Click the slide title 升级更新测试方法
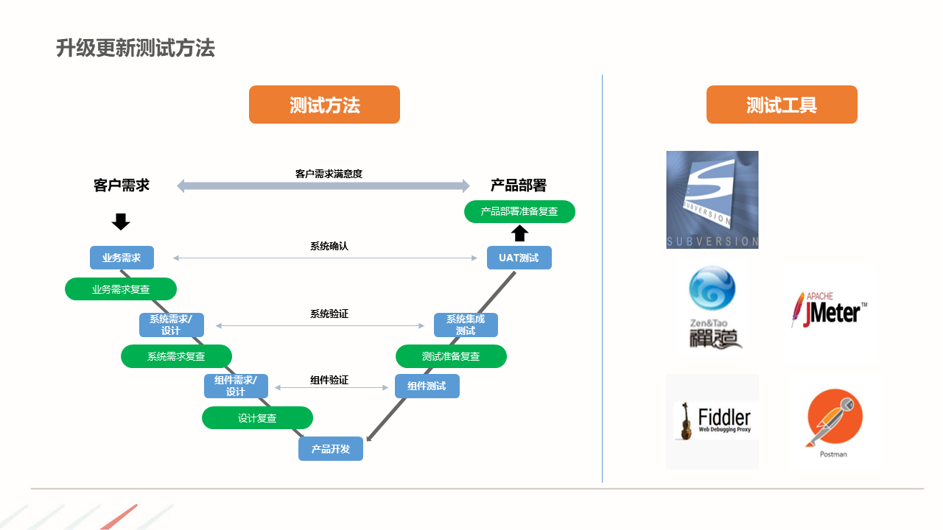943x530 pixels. click(x=136, y=49)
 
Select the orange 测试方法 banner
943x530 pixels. click(x=324, y=105)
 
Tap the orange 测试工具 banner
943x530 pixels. click(x=782, y=105)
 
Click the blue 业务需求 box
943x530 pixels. click(x=122, y=258)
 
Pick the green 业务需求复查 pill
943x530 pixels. click(x=121, y=289)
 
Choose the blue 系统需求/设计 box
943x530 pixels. click(x=171, y=325)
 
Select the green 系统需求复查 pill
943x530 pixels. click(x=176, y=356)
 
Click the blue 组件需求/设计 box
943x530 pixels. click(x=236, y=386)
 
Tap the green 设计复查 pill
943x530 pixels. click(x=257, y=418)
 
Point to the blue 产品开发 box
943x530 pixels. click(x=331, y=449)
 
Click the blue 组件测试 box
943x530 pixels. click(x=427, y=386)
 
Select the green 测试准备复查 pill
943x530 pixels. click(x=451, y=356)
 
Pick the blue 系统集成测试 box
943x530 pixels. click(x=466, y=325)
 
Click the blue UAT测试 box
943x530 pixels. click(x=519, y=258)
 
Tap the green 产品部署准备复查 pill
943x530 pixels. click(x=519, y=211)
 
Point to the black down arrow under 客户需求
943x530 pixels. click(x=121, y=222)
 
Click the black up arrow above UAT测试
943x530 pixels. click(x=520, y=233)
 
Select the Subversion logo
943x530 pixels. click(x=712, y=199)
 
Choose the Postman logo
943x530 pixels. click(x=835, y=423)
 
